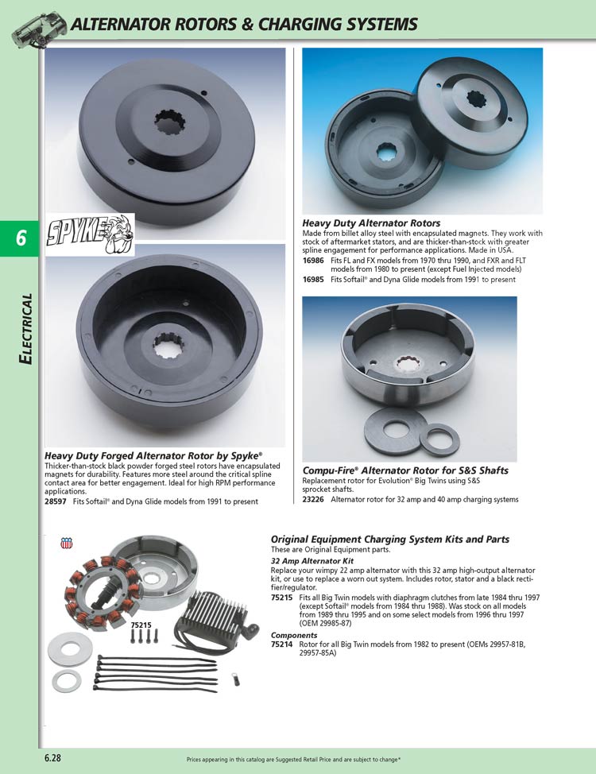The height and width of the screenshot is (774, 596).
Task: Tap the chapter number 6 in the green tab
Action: click(21, 238)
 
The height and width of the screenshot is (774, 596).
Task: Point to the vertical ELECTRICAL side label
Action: click(26, 329)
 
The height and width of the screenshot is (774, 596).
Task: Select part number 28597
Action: click(56, 501)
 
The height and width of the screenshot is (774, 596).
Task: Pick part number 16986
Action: click(314, 260)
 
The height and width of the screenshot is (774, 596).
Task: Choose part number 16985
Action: click(314, 280)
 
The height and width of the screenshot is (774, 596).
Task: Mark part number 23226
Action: click(314, 500)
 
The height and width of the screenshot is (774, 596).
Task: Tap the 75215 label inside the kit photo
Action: click(142, 625)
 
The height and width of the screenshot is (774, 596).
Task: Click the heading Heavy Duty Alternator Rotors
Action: click(371, 223)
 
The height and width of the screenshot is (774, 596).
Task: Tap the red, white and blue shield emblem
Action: click(66, 544)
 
